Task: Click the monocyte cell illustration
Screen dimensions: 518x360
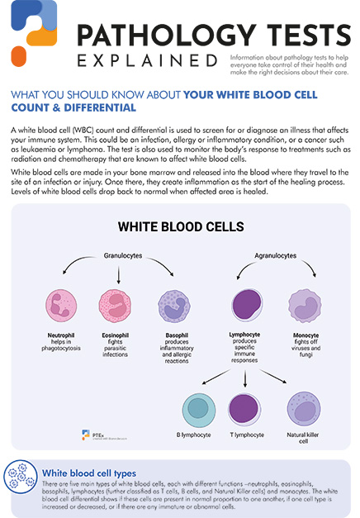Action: pyautogui.click(x=301, y=305)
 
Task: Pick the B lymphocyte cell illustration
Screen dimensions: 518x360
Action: pyautogui.click(x=198, y=409)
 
